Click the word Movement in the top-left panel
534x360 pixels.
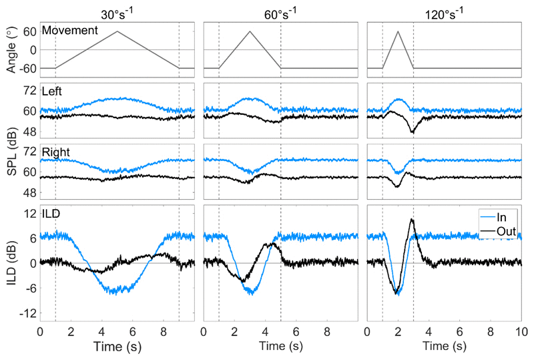pyautogui.click(x=70, y=31)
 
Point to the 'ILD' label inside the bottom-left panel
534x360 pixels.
pyautogui.click(x=51, y=215)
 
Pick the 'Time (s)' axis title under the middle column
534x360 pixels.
pyautogui.click(x=280, y=350)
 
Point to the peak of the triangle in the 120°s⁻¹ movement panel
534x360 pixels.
pyautogui.click(x=398, y=31)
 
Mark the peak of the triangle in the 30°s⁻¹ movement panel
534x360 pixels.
pyautogui.click(x=117, y=31)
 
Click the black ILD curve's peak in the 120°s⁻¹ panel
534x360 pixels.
pyautogui.click(x=413, y=219)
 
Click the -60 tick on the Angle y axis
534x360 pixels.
pyautogui.click(x=27, y=68)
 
